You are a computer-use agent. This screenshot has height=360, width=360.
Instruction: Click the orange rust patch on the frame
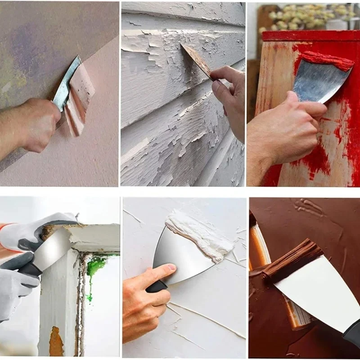[x=56, y=342]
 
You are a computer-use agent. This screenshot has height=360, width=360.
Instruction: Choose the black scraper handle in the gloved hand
[x=29, y=270]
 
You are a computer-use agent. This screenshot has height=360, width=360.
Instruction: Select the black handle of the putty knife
[x=155, y=286]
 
